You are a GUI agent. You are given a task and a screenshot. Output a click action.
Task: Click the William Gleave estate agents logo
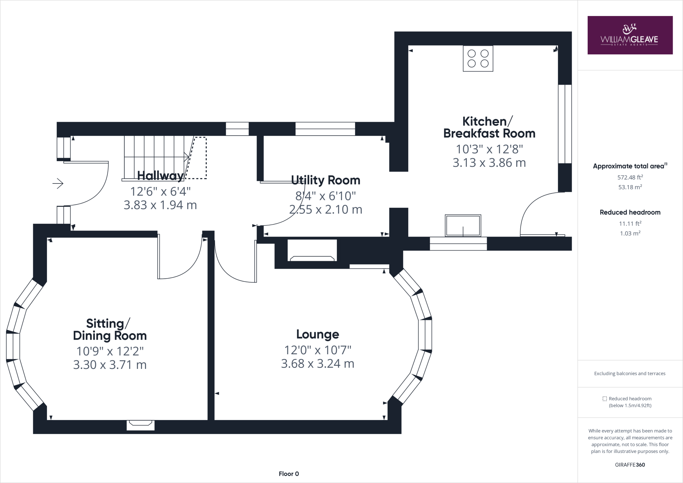630,35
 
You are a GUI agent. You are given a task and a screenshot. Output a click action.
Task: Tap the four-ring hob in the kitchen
478,58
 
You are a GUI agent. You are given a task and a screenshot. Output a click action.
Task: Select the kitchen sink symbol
463,225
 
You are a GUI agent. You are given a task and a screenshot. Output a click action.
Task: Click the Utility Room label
325,180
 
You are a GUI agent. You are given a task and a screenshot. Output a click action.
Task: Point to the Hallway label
160,175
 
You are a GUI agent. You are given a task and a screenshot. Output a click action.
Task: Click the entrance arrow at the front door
58,183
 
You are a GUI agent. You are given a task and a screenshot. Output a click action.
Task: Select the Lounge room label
317,334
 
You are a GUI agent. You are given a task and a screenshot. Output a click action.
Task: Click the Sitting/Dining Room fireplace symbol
140,424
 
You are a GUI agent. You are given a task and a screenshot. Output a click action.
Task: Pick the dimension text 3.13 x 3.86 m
489,163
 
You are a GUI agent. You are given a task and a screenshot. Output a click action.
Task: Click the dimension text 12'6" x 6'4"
160,191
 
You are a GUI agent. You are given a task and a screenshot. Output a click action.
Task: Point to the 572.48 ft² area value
630,177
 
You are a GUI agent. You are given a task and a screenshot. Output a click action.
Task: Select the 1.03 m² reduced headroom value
630,233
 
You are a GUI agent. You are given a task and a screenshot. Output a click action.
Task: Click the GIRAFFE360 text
630,465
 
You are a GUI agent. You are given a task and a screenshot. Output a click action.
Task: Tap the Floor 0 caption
289,474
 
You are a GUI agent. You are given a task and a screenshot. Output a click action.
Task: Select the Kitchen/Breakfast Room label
489,127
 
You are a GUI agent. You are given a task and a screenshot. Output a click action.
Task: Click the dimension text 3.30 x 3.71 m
110,365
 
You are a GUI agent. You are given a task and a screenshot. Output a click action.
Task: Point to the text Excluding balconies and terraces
630,373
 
